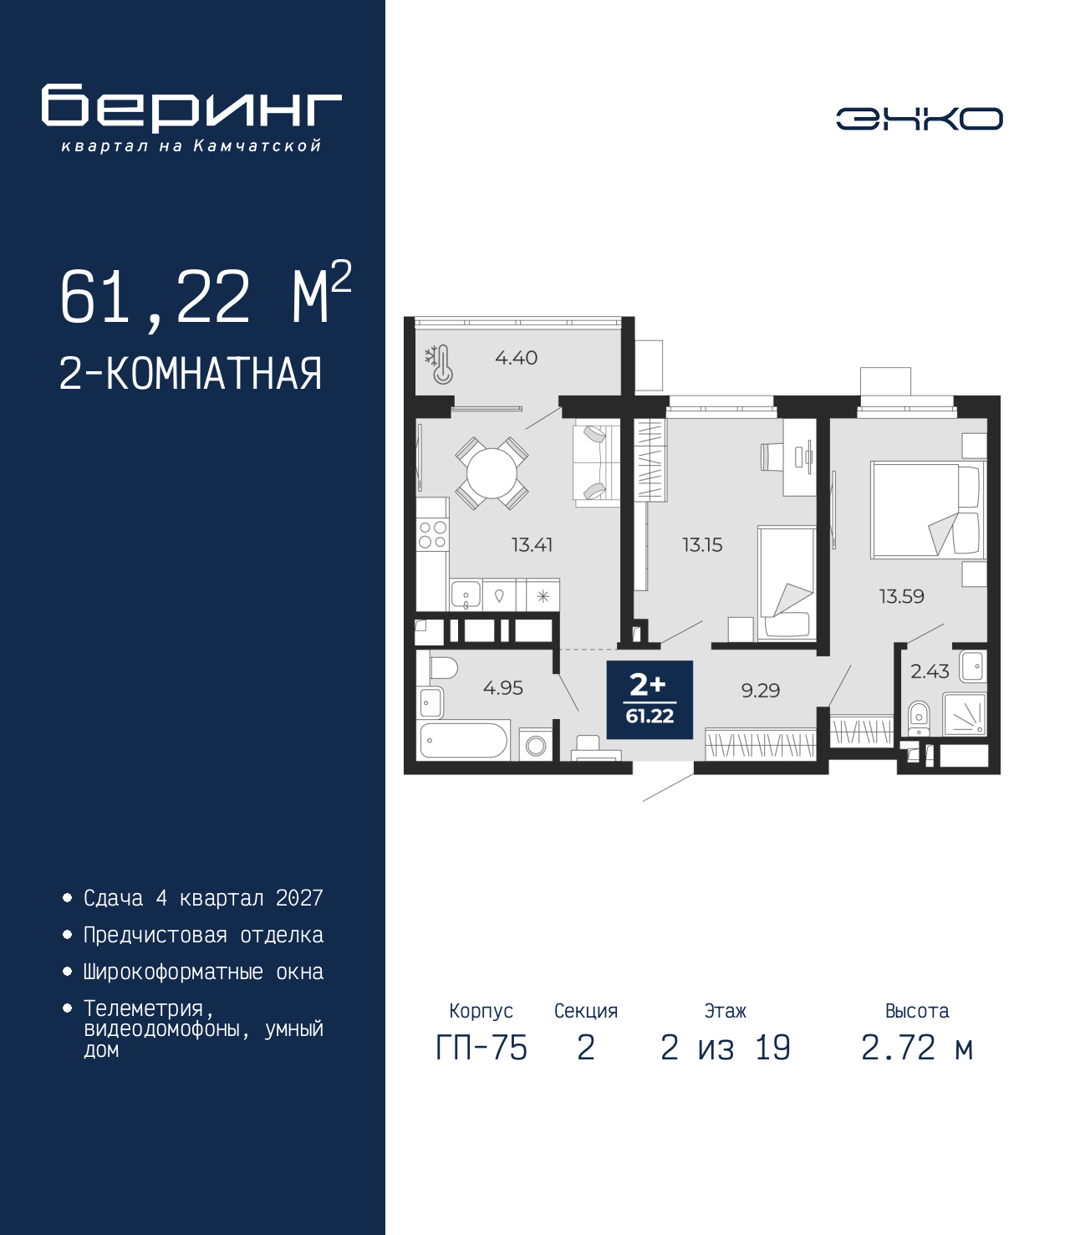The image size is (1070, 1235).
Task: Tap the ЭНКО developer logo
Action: [919, 118]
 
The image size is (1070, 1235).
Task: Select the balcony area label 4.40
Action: [516, 358]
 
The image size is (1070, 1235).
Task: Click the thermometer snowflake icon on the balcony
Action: [439, 364]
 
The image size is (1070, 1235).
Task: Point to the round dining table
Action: [491, 472]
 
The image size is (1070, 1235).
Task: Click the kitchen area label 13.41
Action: [532, 545]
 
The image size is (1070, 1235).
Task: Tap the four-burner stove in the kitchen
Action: [432, 534]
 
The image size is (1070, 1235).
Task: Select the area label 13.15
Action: [702, 545]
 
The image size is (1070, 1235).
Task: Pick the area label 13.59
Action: [901, 596]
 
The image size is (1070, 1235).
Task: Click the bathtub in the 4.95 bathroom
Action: [464, 740]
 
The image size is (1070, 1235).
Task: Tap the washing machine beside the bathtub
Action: [535, 744]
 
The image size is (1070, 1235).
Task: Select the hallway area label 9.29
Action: [761, 691]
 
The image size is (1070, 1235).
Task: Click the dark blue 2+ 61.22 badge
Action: [650, 700]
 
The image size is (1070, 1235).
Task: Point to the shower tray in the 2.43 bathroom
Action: [965, 715]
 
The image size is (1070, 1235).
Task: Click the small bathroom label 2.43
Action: [930, 671]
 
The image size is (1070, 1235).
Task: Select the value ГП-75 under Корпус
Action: [481, 1048]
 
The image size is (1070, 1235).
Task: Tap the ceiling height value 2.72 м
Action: [917, 1048]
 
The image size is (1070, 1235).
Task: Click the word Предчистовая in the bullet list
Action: [155, 935]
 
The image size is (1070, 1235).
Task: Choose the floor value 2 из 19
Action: [726, 1048]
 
